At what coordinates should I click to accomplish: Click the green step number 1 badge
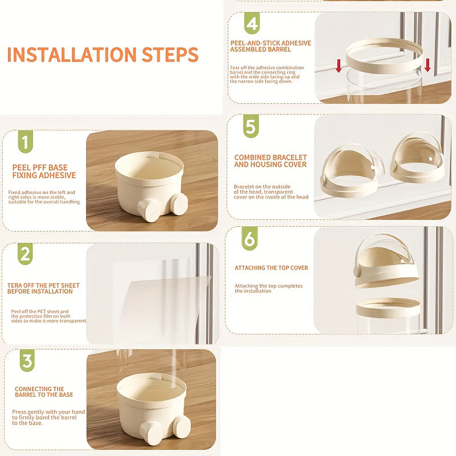25,141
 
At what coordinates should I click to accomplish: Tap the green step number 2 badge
25,254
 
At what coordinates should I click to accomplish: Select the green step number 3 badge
27,360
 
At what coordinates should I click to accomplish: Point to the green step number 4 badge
252,23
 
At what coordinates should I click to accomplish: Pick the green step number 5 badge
251,126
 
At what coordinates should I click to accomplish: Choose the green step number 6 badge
250,238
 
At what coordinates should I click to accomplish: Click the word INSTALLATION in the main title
72,54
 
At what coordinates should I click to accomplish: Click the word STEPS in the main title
170,54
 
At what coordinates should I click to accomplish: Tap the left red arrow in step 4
339,66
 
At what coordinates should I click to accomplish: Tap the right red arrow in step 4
427,65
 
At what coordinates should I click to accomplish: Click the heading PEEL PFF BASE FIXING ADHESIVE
44,172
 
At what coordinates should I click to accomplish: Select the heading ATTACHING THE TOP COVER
271,268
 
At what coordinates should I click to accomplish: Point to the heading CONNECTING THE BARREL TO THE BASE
44,392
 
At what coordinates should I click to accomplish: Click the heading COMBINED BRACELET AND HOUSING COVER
270,161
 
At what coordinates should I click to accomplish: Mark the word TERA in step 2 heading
15,286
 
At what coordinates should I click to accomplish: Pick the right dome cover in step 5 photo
418,158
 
